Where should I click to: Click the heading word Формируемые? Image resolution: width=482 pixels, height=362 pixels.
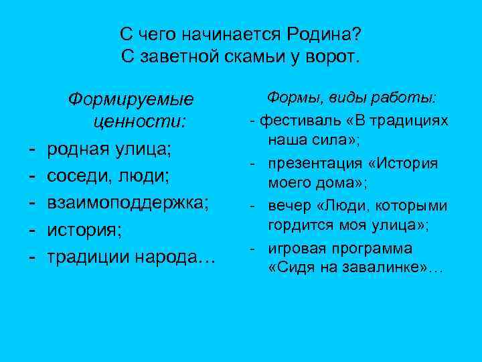tap(131, 100)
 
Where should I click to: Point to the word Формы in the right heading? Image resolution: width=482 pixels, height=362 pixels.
tap(293, 99)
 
